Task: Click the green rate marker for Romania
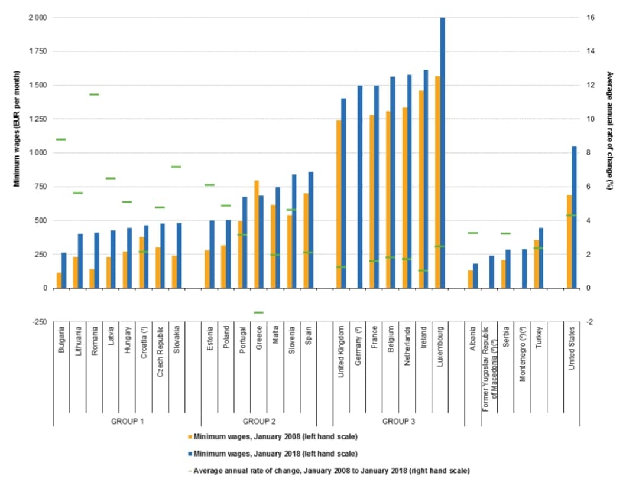click(94, 94)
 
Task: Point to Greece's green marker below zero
click(258, 312)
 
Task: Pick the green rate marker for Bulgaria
click(61, 139)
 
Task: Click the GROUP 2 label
click(259, 422)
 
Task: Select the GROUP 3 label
click(398, 422)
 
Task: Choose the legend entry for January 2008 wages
click(275, 437)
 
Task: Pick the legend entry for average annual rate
click(331, 471)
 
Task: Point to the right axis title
click(610, 131)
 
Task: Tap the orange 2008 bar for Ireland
click(421, 189)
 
